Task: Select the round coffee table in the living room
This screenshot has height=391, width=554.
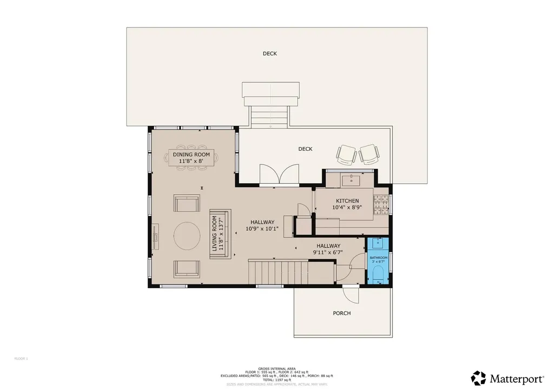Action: (x=187, y=236)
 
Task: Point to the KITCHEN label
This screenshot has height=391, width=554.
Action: (x=347, y=201)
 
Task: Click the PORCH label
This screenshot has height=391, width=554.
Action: (x=341, y=313)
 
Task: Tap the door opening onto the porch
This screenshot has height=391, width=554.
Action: (x=351, y=294)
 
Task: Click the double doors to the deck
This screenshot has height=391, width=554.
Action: (x=278, y=175)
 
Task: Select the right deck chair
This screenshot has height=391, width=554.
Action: (x=370, y=154)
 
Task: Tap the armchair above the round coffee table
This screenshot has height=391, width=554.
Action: (x=187, y=203)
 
